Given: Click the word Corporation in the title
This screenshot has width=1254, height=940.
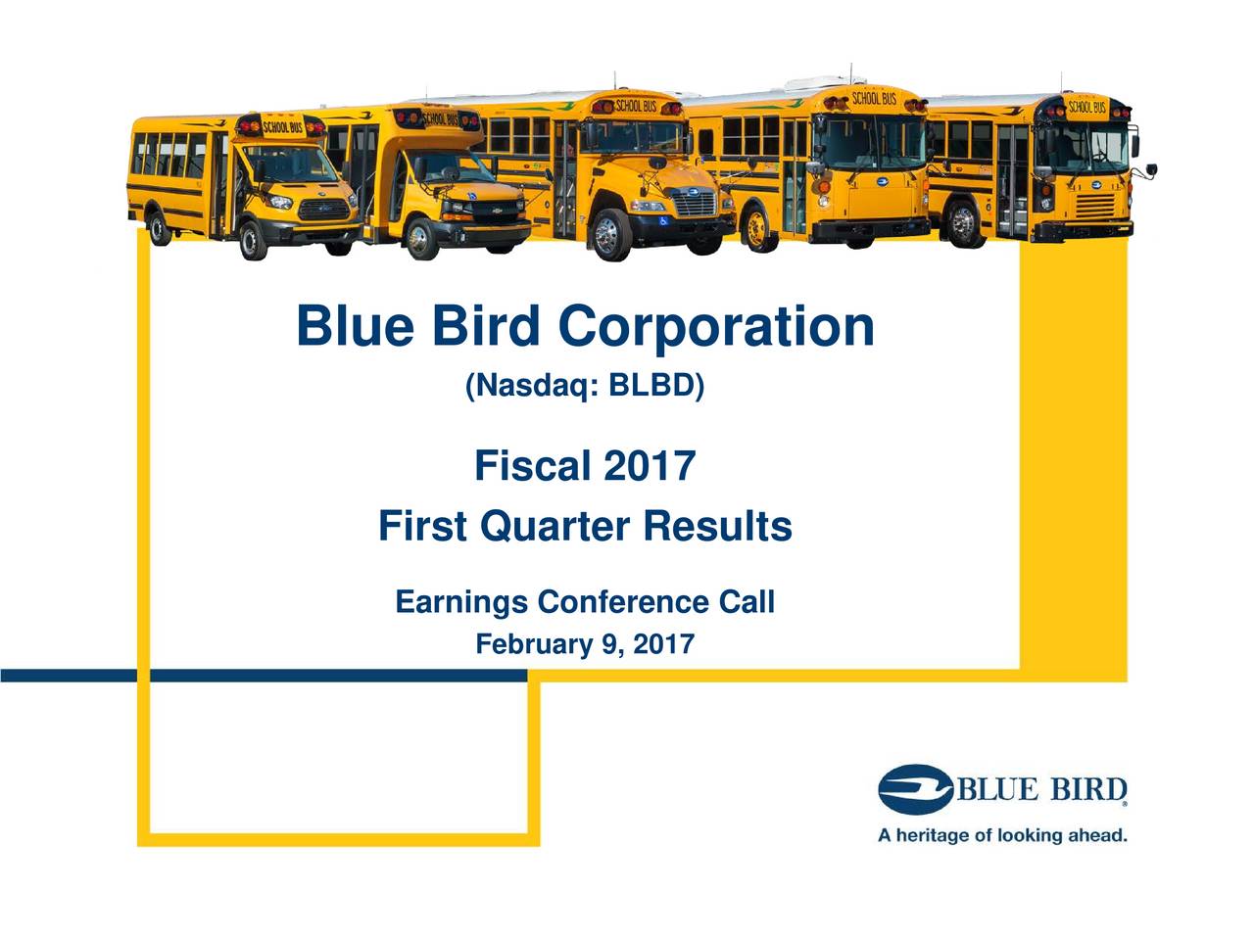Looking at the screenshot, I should tap(716, 328).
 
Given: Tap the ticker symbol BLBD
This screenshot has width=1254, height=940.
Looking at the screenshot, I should tap(651, 388).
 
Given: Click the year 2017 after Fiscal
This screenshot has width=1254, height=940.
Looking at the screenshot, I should tap(649, 466).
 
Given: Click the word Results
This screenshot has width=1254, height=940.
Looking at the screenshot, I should tap(717, 527).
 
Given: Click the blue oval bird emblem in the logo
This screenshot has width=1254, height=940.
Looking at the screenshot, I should tap(915, 789).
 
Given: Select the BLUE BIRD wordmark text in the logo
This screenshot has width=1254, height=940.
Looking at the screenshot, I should tap(1040, 789).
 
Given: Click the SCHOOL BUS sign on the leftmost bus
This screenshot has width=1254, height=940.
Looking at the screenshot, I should tap(281, 128).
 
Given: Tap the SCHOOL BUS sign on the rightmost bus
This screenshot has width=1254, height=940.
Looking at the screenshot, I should tap(1086, 106).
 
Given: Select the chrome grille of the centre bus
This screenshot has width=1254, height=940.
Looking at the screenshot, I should tap(695, 204).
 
